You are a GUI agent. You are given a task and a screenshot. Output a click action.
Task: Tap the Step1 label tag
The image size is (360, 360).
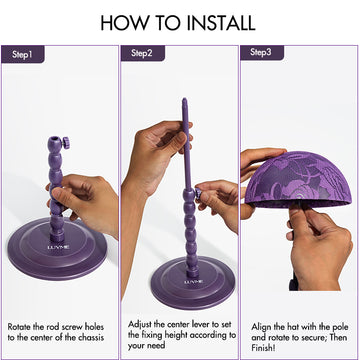pos(23,53)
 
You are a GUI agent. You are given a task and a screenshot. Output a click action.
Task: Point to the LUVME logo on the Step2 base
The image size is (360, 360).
pos(193,283)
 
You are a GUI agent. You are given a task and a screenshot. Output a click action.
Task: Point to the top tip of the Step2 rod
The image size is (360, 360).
pos(184,102)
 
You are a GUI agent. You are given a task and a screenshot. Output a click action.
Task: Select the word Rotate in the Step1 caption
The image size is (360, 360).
pos(22,325)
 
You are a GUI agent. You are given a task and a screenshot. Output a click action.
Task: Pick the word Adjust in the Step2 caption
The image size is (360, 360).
pos(142,325)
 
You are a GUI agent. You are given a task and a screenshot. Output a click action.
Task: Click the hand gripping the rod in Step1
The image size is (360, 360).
pos(85,195)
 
